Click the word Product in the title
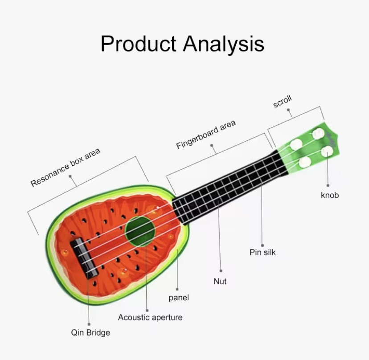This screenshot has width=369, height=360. point(138,44)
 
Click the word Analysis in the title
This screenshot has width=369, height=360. point(224,45)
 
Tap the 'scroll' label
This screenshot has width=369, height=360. point(283,102)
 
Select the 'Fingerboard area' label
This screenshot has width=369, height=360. point(206,135)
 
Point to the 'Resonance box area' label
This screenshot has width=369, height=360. point(66,167)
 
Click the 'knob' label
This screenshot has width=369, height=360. point(330,195)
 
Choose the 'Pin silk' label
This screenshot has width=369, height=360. point(262,252)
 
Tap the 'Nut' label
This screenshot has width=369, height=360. point(220,281)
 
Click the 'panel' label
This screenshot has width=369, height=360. point(179,298)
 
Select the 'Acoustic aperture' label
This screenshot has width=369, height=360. point(150,317)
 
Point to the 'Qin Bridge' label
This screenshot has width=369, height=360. point(90,333)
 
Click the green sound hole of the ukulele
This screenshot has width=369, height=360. point(140,232)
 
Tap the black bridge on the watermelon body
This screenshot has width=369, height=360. point(84,258)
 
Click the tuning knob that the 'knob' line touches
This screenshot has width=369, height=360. point(327,151)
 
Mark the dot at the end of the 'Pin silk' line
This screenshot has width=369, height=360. point(262,245)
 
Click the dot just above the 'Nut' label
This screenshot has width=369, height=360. point(221,271)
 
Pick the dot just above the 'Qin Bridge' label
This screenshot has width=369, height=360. point(89,324)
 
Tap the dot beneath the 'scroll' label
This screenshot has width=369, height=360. point(288,110)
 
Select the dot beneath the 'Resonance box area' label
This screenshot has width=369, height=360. point(70,176)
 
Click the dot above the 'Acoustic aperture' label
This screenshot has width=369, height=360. point(147,311)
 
